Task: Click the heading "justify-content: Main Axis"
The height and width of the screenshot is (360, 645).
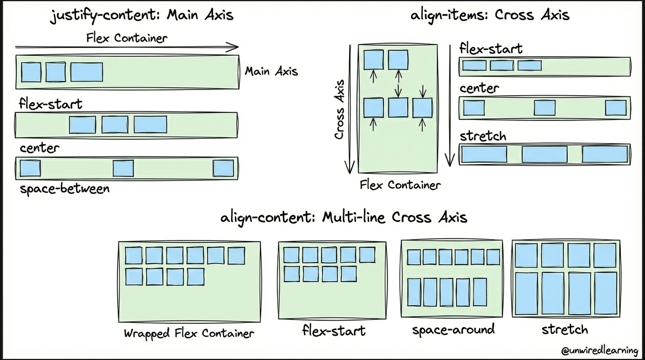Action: (142, 15)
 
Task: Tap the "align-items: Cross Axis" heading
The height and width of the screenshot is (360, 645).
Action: (490, 15)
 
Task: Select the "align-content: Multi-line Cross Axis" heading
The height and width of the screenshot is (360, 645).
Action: (344, 217)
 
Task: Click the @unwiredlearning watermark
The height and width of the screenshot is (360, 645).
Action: (600, 351)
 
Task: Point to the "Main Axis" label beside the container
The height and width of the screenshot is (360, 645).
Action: (271, 71)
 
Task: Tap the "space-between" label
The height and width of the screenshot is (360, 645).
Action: (64, 189)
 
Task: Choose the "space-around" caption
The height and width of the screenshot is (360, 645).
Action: (453, 330)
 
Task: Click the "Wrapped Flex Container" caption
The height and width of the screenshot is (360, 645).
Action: (189, 333)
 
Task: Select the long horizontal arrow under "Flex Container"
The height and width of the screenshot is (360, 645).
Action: (127, 47)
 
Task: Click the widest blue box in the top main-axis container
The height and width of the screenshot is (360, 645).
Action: (87, 72)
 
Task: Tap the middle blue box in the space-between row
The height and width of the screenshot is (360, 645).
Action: (123, 168)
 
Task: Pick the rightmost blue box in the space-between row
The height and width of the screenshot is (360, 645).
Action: (223, 168)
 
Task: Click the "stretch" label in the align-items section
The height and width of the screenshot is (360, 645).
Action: (483, 136)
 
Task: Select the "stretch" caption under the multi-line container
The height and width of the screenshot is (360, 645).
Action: (564, 329)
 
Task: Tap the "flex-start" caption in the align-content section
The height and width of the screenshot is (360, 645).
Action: (333, 331)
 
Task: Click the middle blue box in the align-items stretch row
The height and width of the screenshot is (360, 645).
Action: (544, 154)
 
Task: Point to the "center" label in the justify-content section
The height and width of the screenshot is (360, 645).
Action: (39, 148)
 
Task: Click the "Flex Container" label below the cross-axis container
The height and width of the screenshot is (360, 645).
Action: (400, 185)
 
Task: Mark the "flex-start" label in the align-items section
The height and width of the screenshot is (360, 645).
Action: (491, 48)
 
